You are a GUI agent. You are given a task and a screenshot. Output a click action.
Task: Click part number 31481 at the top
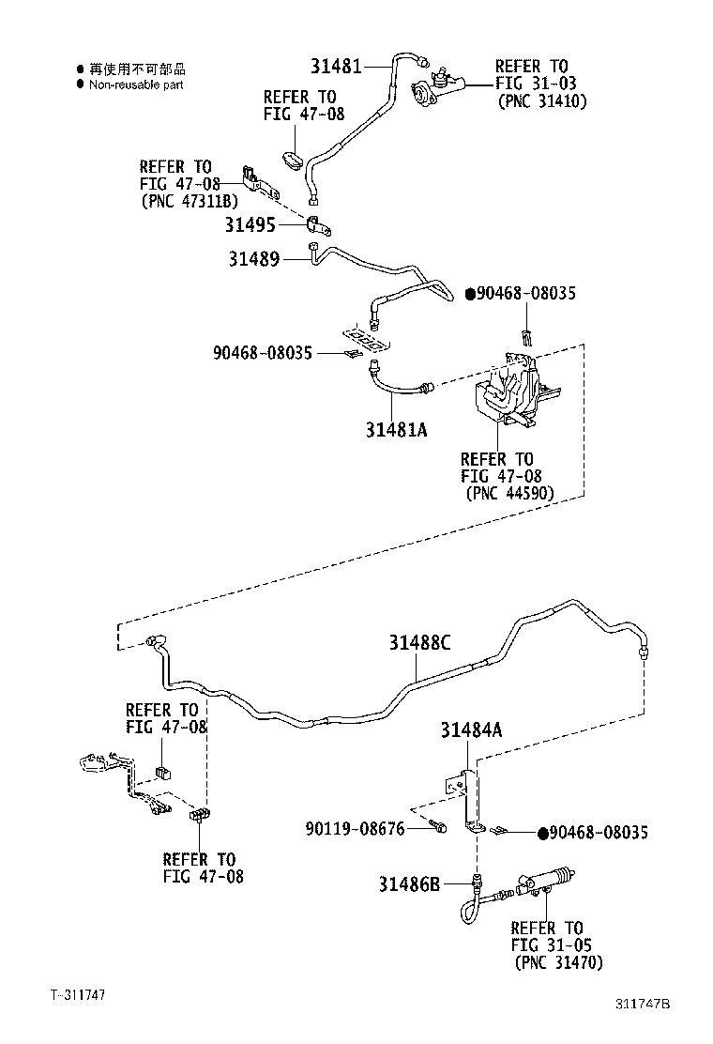click(336, 66)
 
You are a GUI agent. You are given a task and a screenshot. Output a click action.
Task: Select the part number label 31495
click(250, 224)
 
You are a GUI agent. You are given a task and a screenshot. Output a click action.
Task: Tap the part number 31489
click(253, 257)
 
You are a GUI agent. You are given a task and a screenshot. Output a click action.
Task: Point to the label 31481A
click(397, 429)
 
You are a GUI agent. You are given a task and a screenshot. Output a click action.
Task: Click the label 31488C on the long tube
click(421, 643)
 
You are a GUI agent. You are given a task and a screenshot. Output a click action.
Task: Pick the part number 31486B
click(409, 883)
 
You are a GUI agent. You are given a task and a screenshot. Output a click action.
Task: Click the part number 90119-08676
click(355, 829)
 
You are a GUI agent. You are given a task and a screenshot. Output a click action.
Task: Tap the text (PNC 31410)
click(541, 101)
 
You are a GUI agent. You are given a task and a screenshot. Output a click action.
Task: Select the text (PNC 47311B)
click(189, 200)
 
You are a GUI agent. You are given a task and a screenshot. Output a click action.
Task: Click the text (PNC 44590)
click(509, 493)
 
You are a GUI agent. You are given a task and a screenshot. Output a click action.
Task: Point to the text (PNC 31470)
click(558, 963)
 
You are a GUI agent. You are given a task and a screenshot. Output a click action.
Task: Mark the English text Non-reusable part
click(136, 84)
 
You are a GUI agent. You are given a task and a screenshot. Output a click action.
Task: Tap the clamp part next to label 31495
click(318, 225)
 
